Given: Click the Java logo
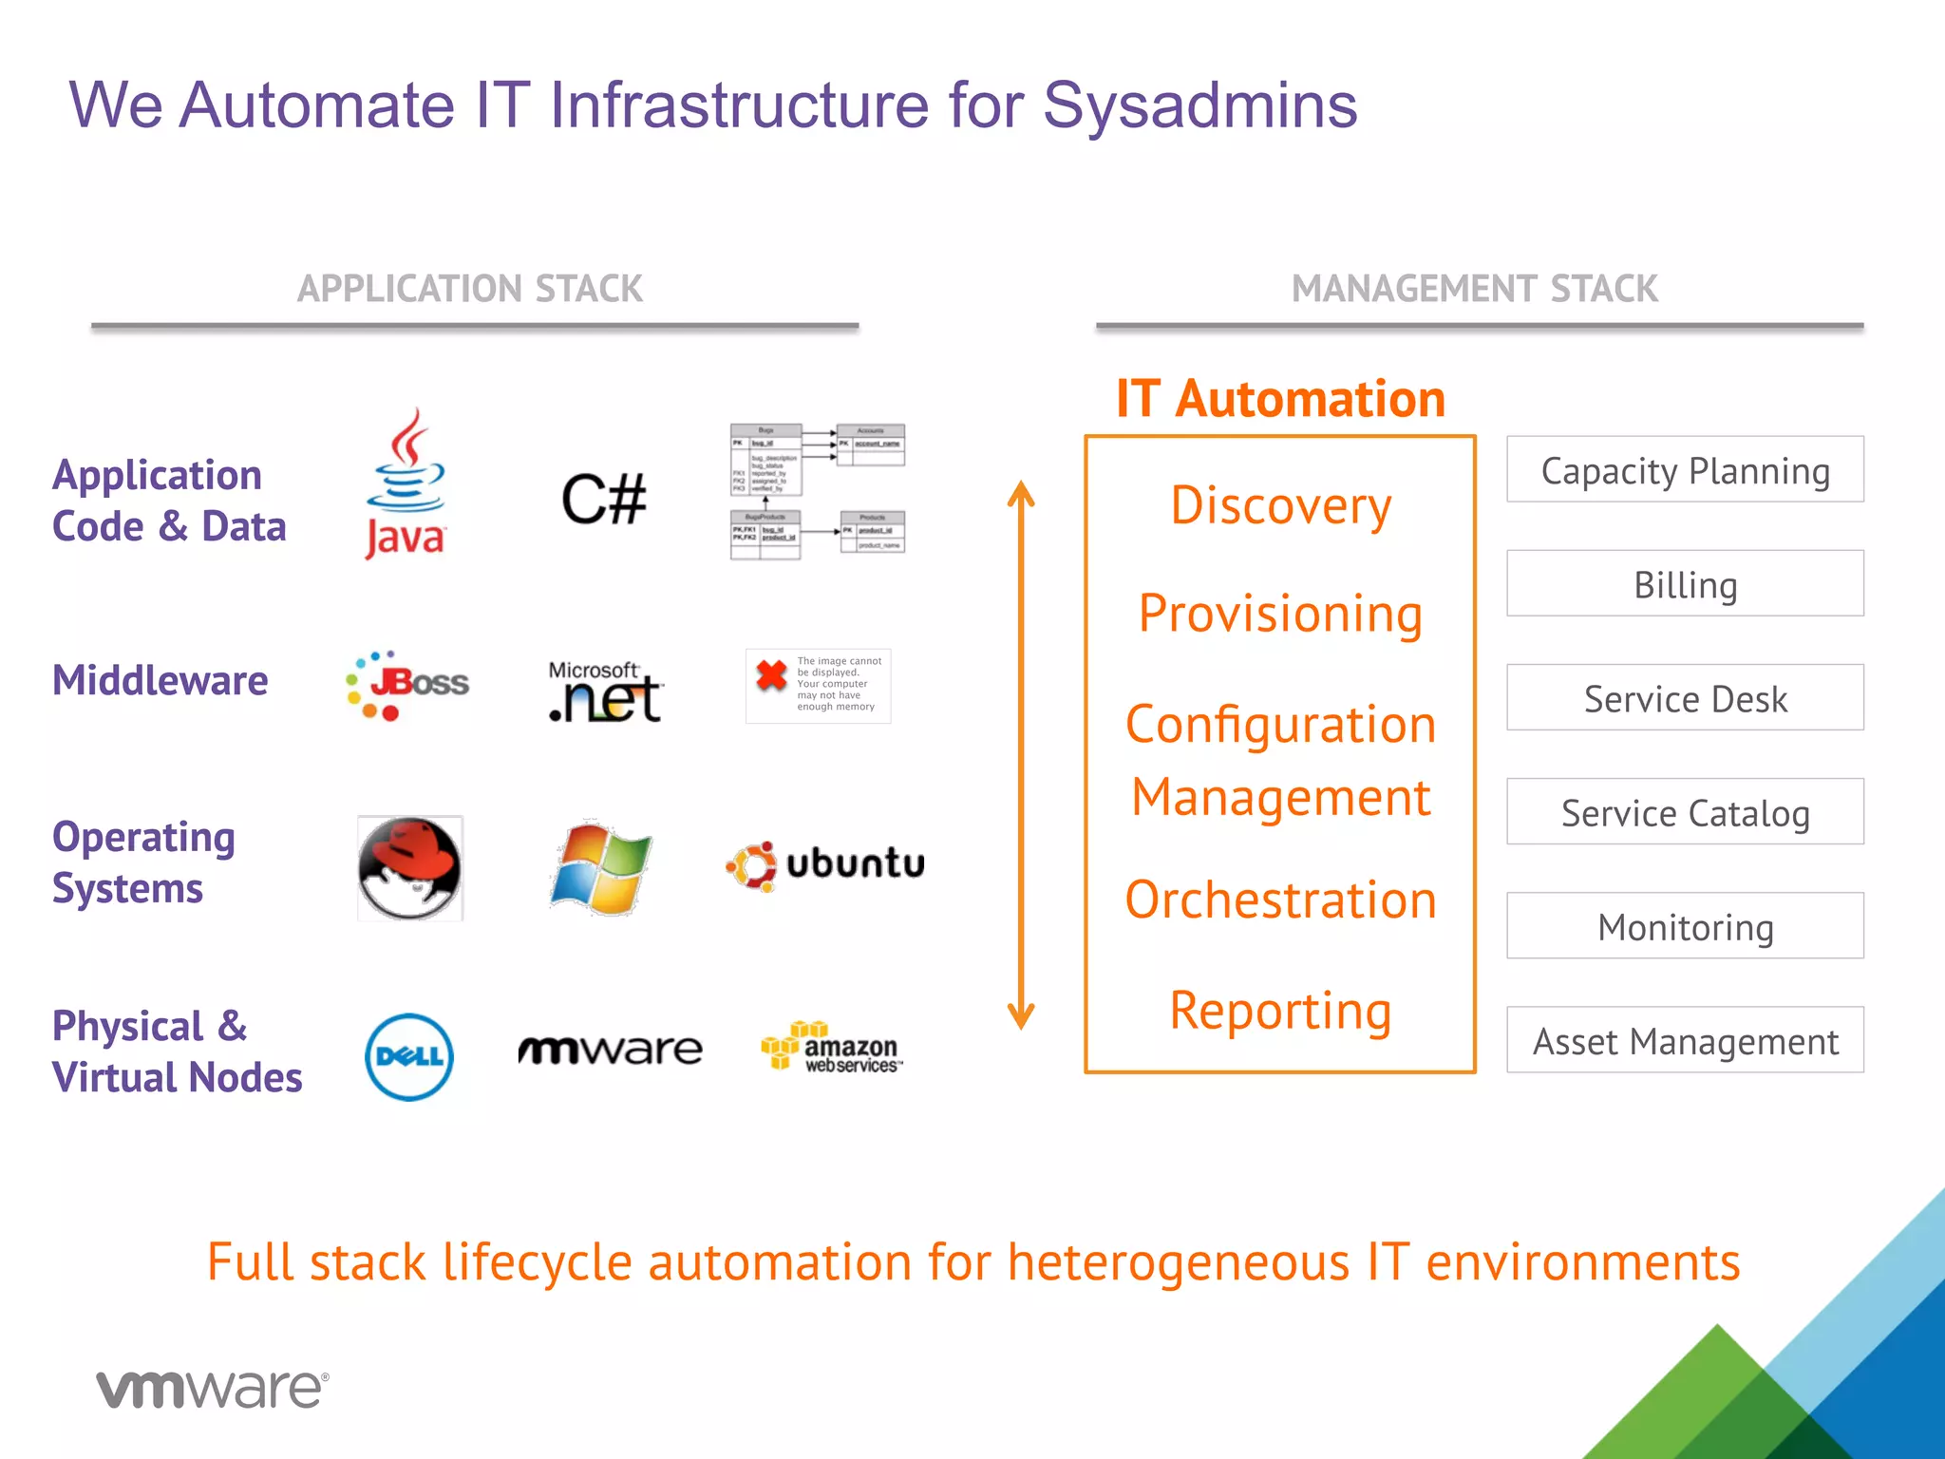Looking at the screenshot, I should pyautogui.click(x=406, y=484).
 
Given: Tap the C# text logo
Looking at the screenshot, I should pyautogui.click(x=604, y=500).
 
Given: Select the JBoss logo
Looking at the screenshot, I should pyautogui.click(x=407, y=685).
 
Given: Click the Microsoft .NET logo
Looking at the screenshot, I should pyautogui.click(x=605, y=692).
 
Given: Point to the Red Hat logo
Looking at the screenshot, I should pyautogui.click(x=410, y=868).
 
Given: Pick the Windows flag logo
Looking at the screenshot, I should pyautogui.click(x=600, y=868).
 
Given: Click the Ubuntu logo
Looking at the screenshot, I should pyautogui.click(x=825, y=865).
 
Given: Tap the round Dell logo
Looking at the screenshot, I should pyautogui.click(x=409, y=1056).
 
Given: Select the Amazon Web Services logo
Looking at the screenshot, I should pyautogui.click(x=832, y=1047).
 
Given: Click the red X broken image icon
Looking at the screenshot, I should pyautogui.click(x=771, y=675).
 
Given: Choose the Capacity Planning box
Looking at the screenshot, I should pyautogui.click(x=1685, y=470).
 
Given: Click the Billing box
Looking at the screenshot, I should pyautogui.click(x=1685, y=584).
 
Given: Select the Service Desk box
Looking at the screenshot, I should pyautogui.click(x=1685, y=698).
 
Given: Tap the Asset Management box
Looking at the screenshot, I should pyautogui.click(x=1685, y=1040).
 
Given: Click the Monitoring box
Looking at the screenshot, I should pyautogui.click(x=1685, y=926).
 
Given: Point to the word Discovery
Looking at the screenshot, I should pyautogui.click(x=1280, y=505).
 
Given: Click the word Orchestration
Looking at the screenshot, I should pyautogui.click(x=1280, y=900).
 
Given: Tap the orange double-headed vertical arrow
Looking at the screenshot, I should pyautogui.click(x=1021, y=755).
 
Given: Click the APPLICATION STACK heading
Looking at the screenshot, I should pyautogui.click(x=470, y=289).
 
